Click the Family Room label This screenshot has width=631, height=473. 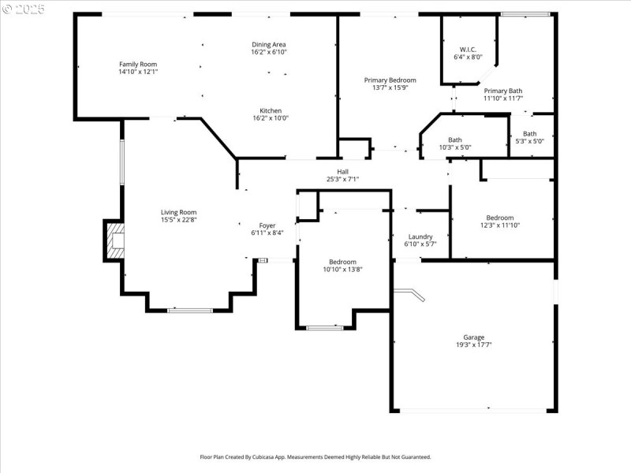coord(138,64)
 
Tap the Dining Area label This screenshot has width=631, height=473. coord(270,44)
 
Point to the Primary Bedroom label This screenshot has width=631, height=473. coord(390,80)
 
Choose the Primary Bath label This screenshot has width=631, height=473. coord(502,91)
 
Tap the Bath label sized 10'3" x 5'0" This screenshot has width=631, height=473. coord(455,140)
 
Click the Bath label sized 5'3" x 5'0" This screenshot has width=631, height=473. coord(529,133)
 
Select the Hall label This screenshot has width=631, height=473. coord(342,171)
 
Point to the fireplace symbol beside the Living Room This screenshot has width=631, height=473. coord(115,240)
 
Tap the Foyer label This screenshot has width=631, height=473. coord(267,225)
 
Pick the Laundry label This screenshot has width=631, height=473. coord(420,236)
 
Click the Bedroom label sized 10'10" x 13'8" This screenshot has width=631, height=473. coord(342,262)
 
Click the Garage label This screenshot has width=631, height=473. coord(473,337)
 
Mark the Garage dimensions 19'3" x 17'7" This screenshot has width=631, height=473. coord(473,345)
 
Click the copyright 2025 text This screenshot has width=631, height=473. coord(24,9)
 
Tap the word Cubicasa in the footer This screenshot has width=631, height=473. coord(289,456)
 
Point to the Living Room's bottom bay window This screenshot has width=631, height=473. coord(190,310)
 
